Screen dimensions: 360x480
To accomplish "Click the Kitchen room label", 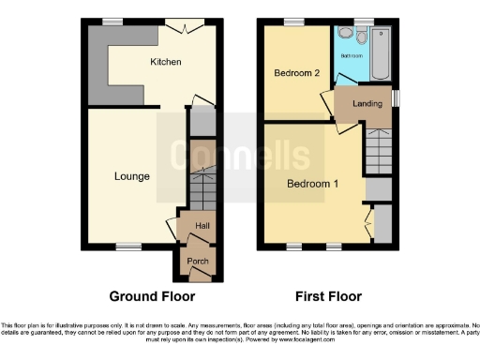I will [165, 63].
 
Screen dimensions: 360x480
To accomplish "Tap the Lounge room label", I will [132, 175].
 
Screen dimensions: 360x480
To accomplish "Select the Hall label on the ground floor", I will [202, 226].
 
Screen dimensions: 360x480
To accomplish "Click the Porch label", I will [198, 262].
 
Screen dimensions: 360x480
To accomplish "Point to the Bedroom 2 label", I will [297, 73].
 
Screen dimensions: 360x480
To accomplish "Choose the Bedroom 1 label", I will [312, 184].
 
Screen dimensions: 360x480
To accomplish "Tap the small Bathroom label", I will [351, 56].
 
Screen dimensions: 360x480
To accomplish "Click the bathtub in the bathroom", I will [382, 52].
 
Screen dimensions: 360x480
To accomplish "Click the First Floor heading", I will [328, 296].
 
